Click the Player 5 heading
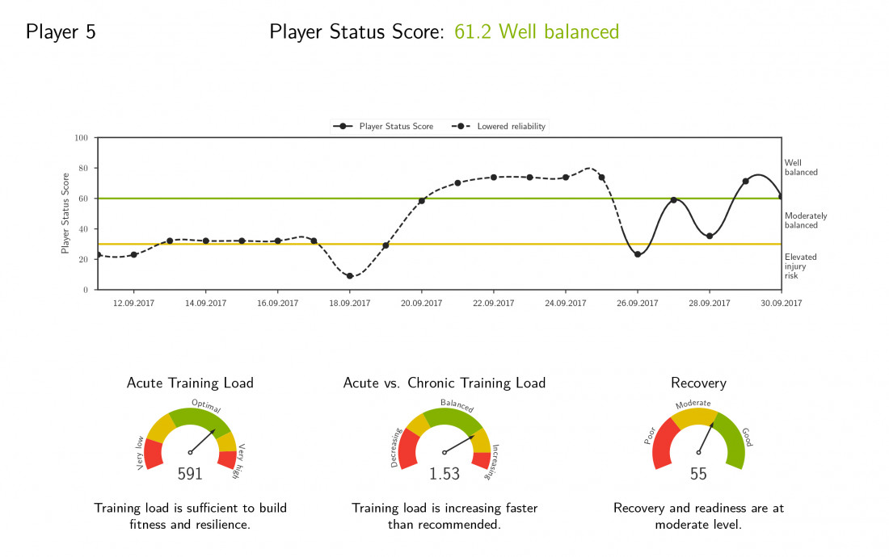click(61, 32)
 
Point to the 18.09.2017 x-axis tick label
click(349, 304)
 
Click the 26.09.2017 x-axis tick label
click(637, 304)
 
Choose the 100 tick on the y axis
click(81, 138)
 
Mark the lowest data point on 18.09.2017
click(349, 276)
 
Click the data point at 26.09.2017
click(638, 254)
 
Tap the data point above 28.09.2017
click(710, 236)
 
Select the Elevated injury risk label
click(800, 266)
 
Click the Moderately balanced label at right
click(806, 220)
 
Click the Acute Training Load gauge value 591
click(190, 475)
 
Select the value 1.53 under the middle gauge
click(444, 475)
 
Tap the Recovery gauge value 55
click(698, 475)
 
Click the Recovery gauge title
click(698, 383)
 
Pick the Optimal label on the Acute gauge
click(206, 405)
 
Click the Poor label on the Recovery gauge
click(650, 437)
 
